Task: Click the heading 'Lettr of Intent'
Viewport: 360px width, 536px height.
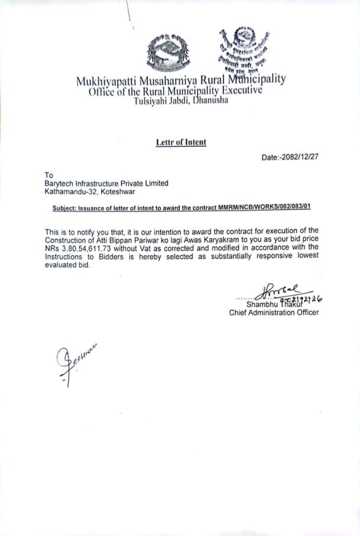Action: (181, 142)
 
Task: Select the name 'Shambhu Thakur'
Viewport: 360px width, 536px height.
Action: (272, 305)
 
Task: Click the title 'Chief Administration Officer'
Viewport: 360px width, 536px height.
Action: (274, 313)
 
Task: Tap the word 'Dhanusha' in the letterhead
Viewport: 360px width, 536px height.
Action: (207, 100)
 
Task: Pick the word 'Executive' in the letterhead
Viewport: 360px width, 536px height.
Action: (240, 90)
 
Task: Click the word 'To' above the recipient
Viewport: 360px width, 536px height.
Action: (49, 175)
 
